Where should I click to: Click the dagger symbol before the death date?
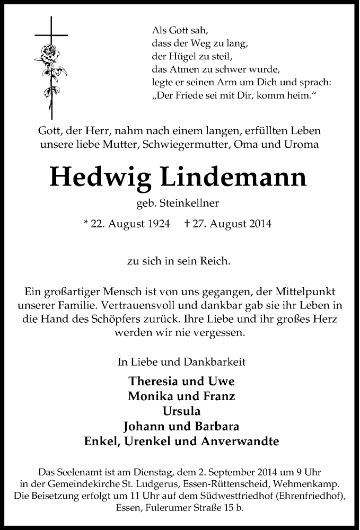click(x=187, y=224)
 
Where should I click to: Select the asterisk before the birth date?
click(x=86, y=224)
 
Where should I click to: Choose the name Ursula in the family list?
click(x=180, y=411)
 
